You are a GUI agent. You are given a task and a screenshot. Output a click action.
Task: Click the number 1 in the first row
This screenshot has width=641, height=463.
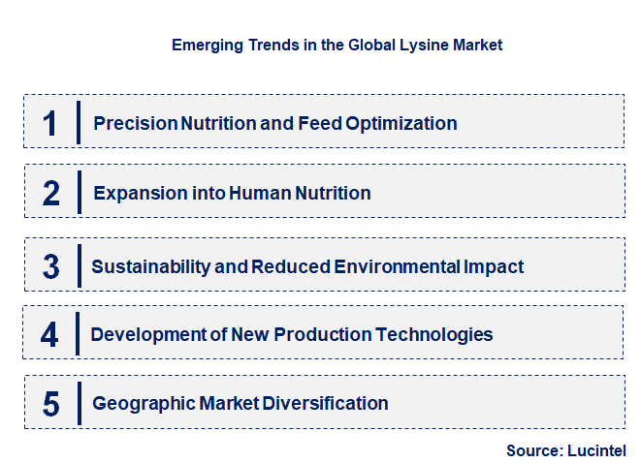50,123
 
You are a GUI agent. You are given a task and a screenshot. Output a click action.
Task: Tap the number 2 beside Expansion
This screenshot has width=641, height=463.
51,193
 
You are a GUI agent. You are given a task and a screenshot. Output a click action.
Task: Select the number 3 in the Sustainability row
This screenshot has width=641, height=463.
51,266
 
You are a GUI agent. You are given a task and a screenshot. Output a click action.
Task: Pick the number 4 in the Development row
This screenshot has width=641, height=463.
49,335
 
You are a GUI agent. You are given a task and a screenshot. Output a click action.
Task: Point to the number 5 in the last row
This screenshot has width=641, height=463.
51,403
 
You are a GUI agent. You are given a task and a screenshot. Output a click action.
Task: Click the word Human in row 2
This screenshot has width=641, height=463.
260,193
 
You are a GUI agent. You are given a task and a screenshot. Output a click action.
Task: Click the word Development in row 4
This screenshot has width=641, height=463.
144,335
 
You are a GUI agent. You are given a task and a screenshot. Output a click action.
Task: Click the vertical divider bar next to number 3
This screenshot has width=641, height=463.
80,266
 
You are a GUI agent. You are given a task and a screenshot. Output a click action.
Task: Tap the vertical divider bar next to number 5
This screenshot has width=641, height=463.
80,403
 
